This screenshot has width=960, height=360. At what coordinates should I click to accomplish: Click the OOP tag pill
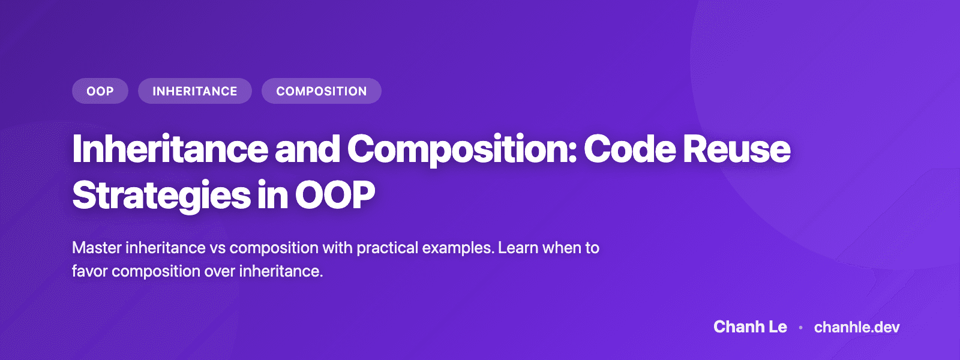(x=100, y=91)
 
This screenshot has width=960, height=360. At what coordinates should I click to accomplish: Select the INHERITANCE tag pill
(x=194, y=91)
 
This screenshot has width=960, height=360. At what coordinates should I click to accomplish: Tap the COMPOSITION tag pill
(x=321, y=91)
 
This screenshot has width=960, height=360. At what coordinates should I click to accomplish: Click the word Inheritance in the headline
(x=170, y=149)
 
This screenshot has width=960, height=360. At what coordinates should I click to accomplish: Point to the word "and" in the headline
(x=307, y=149)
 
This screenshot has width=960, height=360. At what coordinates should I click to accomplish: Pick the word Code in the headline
(x=628, y=149)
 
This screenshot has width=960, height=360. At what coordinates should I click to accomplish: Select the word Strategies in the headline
(x=161, y=196)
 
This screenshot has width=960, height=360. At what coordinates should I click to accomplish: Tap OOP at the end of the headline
(x=335, y=196)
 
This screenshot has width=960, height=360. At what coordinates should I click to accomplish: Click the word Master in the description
(x=96, y=248)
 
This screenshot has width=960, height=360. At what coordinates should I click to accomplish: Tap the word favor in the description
(x=89, y=271)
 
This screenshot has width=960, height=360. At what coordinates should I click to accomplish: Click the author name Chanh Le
(x=750, y=327)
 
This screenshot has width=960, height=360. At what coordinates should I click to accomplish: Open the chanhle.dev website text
(x=857, y=327)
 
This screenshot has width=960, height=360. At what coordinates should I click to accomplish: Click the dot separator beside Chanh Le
(x=800, y=328)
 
